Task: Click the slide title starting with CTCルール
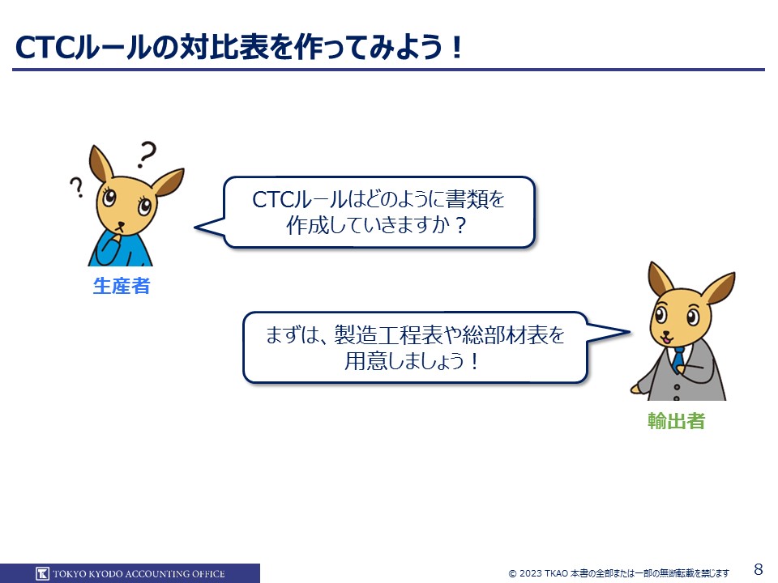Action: [239, 48]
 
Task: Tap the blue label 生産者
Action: [122, 286]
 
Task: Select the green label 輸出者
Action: [676, 421]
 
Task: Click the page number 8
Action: [759, 568]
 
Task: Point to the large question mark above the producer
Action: [147, 154]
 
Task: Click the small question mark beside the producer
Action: [76, 187]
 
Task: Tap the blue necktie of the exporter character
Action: [678, 358]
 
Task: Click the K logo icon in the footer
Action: [43, 573]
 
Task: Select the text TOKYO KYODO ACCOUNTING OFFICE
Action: [139, 573]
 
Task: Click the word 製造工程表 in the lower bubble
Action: [388, 335]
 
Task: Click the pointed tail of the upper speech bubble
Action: [195, 228]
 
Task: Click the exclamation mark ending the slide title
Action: [457, 48]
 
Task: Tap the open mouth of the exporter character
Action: [666, 339]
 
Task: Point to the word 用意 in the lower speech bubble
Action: [366, 361]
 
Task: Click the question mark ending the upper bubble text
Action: [460, 226]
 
